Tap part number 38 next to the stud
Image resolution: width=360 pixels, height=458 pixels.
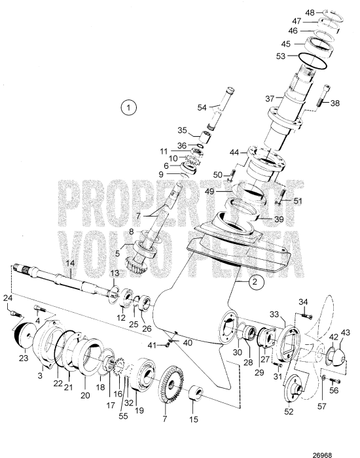(335, 103)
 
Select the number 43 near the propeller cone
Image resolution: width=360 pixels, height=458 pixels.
(346, 333)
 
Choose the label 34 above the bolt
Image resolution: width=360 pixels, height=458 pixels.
(303, 301)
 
